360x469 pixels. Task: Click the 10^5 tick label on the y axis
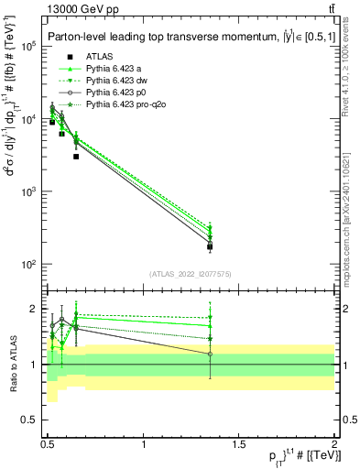point(29,47)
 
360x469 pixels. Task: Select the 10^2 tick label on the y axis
point(29,265)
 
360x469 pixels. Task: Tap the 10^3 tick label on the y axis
point(29,192)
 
